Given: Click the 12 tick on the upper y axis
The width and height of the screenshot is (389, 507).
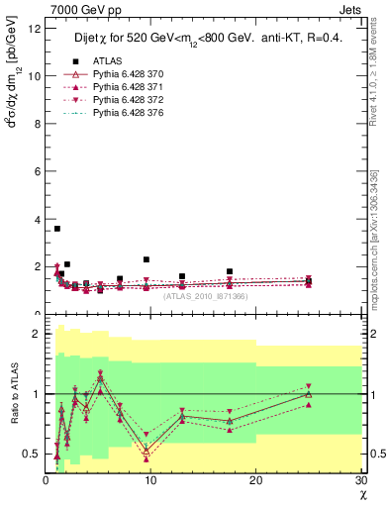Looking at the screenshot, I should click(35, 28).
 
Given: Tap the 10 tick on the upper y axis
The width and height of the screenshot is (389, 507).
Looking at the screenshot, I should click(35, 76).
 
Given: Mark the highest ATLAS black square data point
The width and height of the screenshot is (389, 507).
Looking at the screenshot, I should click(57, 229).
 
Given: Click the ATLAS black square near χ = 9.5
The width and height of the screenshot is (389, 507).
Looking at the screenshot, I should click(146, 259).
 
